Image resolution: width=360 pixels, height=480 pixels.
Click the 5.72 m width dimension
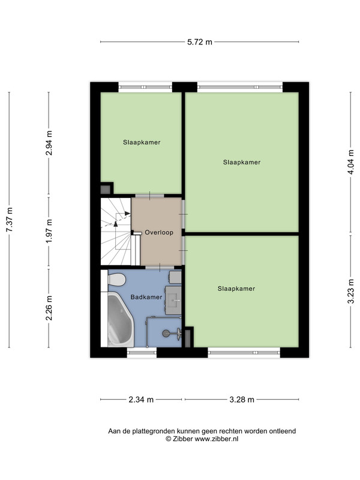pos(200,42)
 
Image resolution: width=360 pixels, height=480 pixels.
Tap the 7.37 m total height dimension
pos(10,220)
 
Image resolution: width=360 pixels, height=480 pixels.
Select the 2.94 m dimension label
pos(49,143)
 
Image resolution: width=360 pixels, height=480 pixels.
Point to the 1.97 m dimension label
pos(49,231)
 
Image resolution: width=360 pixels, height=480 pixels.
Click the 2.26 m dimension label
pos(49,308)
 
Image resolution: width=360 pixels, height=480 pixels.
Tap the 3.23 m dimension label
pos(351,292)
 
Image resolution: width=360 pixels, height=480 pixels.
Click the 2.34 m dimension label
pos(141,400)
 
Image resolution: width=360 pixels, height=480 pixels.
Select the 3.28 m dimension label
pos(242,400)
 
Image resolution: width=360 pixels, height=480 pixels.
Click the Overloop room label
pos(159,232)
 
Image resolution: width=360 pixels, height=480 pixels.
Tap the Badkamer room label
pos(146,297)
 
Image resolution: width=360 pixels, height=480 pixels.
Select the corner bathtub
pos(121,319)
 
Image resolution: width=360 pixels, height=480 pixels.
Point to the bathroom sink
pos(173,300)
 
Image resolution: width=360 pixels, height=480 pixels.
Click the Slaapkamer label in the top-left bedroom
pos(142,142)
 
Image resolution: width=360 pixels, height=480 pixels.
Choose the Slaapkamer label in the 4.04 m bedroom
pos(242,162)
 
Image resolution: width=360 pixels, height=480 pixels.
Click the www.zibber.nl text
pos(217,439)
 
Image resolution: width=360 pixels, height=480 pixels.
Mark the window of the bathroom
pos(142,353)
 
